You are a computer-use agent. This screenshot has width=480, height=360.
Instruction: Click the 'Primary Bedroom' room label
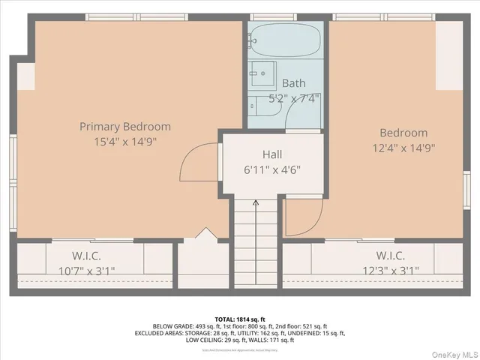coord(125,127)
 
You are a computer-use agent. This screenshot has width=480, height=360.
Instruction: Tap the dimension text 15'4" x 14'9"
coord(125,141)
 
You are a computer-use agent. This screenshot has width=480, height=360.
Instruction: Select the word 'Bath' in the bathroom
coord(293,83)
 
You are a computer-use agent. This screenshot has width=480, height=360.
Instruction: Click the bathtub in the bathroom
coord(286,40)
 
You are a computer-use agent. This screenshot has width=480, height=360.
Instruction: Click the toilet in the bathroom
coord(263,108)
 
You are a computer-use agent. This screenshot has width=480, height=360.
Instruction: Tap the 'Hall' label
coord(272,154)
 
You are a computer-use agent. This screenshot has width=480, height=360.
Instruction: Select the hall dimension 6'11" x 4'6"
coord(272,169)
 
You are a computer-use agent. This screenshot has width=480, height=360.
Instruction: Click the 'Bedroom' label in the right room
coord(403,133)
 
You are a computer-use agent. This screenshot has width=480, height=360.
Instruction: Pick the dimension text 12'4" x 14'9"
coord(403,148)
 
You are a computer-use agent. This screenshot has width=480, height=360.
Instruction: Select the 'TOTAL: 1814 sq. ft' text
coord(240,319)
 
